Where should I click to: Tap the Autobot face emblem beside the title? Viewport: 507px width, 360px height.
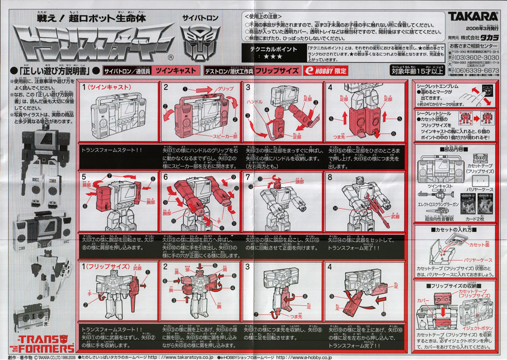pos(196,44)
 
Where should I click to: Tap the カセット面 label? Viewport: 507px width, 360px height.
pos(480,244)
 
